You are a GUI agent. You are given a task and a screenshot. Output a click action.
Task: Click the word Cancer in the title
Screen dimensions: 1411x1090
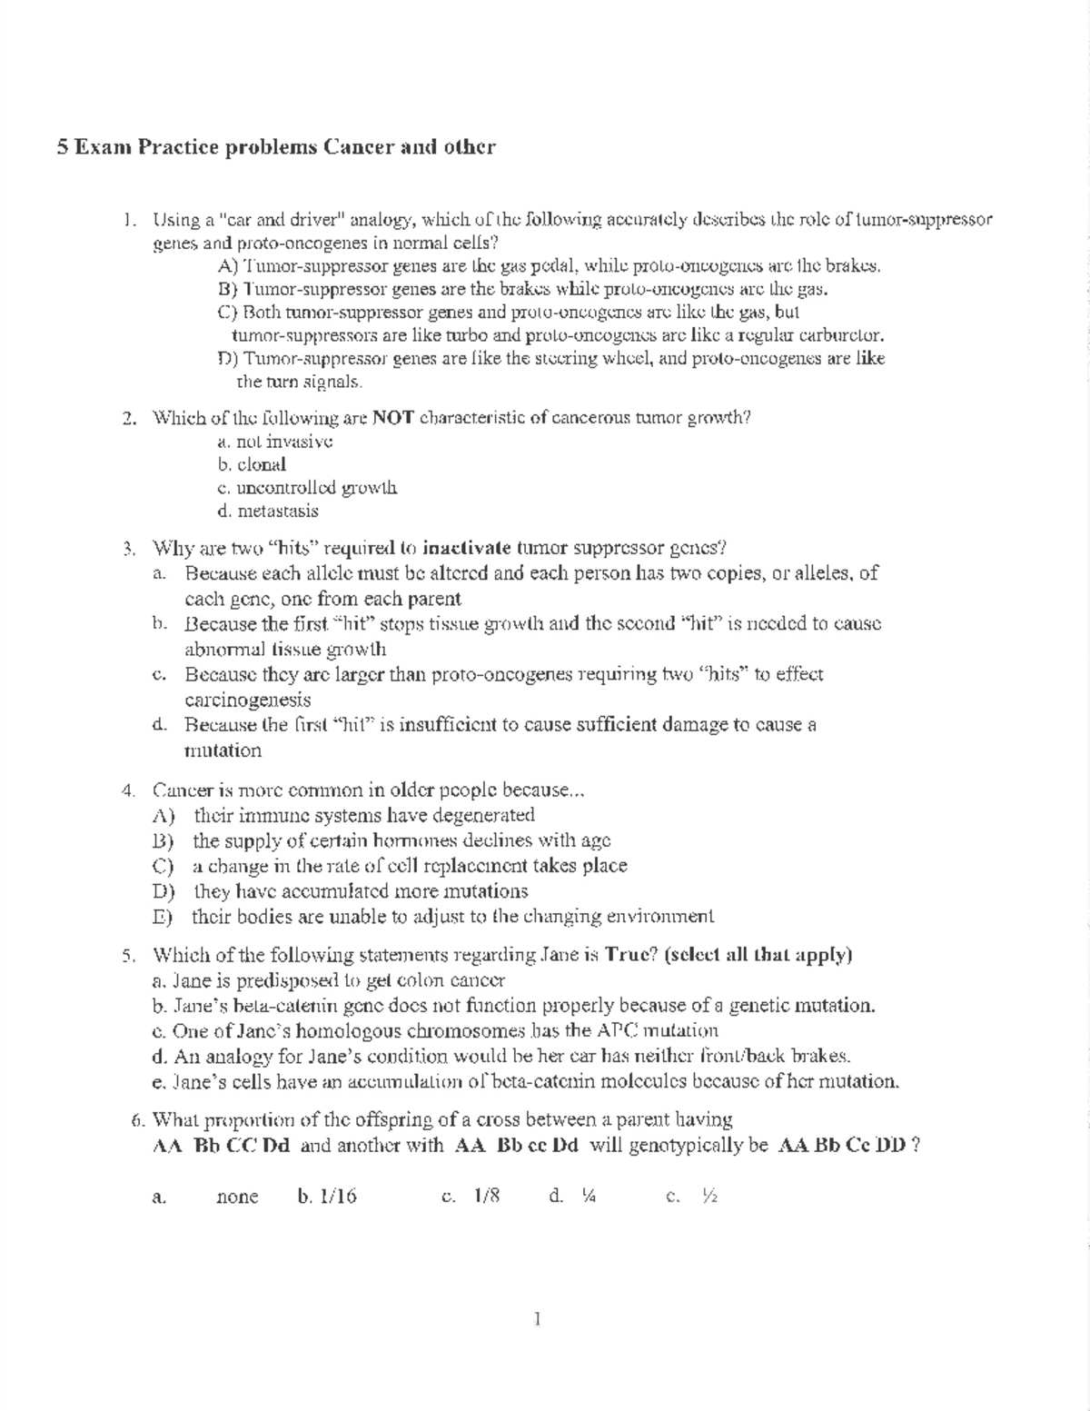(358, 147)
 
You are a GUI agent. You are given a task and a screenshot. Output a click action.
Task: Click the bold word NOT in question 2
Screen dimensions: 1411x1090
(393, 418)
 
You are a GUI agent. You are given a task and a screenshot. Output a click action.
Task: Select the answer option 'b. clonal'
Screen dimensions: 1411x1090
(252, 464)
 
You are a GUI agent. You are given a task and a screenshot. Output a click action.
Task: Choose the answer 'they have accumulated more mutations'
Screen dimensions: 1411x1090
(361, 891)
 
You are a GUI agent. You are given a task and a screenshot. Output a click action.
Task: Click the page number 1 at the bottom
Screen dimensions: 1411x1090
(539, 1318)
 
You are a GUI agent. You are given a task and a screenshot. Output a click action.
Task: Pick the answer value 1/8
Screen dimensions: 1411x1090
(486, 1197)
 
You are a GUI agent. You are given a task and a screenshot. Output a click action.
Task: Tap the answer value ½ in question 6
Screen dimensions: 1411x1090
(709, 1197)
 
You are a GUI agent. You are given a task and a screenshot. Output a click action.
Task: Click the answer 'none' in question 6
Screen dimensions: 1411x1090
(237, 1197)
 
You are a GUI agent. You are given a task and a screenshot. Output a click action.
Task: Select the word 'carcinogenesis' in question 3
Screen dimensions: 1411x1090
(248, 700)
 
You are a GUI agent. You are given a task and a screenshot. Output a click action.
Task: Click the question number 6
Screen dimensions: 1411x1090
(138, 1118)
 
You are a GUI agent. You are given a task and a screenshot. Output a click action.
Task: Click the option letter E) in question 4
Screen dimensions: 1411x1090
(163, 917)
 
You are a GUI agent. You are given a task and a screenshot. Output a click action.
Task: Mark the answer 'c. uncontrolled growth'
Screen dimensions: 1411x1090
(307, 488)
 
